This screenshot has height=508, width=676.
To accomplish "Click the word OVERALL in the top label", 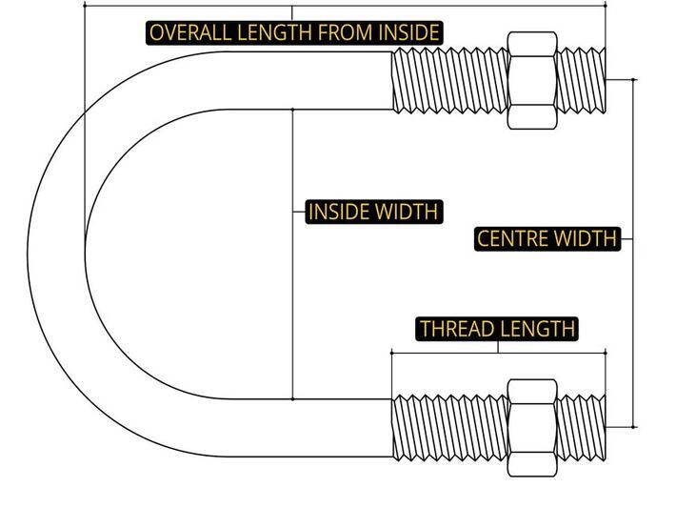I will [x=184, y=32].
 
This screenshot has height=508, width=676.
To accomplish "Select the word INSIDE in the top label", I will [x=407, y=32].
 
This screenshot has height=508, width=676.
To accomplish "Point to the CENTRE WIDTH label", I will [x=547, y=238].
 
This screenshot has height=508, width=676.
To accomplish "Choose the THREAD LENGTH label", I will [x=498, y=329].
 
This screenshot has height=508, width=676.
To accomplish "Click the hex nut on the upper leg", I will [x=532, y=80].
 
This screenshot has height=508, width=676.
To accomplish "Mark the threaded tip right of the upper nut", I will [x=582, y=80].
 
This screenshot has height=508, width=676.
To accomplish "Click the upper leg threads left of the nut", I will [x=447, y=80].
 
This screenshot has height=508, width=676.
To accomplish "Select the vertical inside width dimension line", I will [x=292, y=286].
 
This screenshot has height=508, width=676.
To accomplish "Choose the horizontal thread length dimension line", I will [x=447, y=353].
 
